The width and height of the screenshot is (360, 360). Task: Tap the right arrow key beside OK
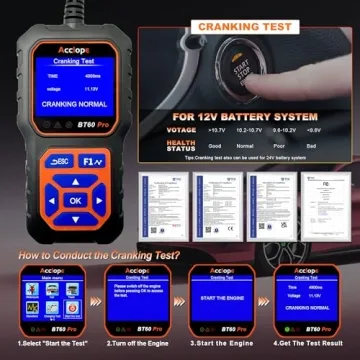(104, 200)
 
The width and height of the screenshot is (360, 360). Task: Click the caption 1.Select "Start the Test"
(45, 344)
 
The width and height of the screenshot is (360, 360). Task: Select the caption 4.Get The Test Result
(311, 344)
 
